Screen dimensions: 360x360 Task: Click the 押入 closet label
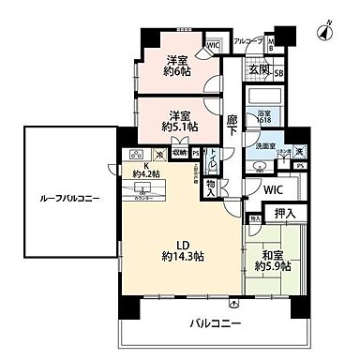(285, 215)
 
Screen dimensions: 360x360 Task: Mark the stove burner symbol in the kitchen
(135, 155)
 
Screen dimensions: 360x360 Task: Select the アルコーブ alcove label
(247, 41)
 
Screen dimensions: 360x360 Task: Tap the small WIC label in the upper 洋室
(213, 44)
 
